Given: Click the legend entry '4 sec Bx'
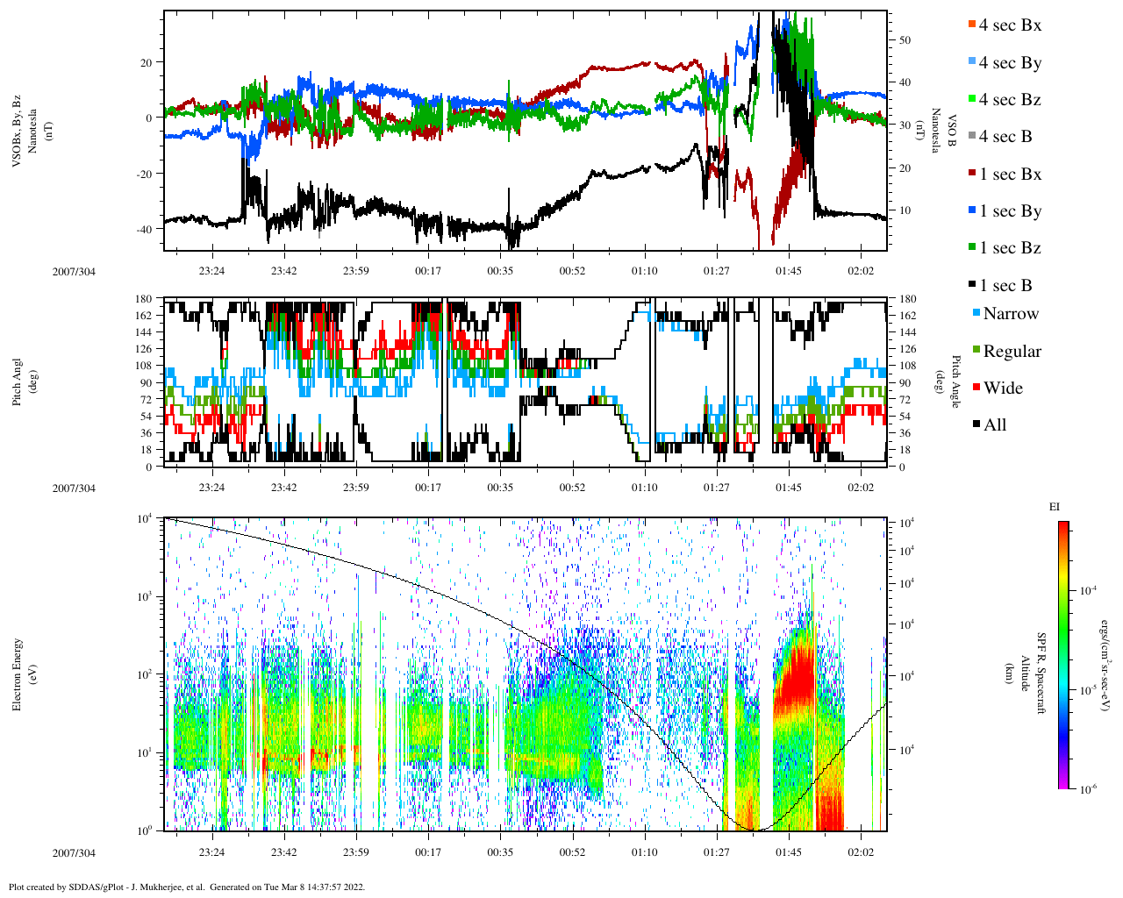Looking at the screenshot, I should tap(1009, 25).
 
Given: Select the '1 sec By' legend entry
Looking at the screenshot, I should tap(1009, 211).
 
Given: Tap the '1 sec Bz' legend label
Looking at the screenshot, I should tap(1009, 248).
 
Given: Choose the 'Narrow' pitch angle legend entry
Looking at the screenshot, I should tap(1010, 314).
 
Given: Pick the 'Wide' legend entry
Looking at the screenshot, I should tap(1002, 388).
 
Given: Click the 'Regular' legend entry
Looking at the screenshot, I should tap(1012, 352).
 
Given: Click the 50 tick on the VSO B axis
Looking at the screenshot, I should tap(904, 40).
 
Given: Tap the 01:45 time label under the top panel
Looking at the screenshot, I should tap(789, 271).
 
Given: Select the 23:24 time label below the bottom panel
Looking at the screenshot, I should tap(211, 852).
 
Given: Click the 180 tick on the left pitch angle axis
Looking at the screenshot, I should tap(144, 299).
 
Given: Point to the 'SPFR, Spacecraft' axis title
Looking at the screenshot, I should tap(1041, 673).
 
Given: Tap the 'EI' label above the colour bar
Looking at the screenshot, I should tap(1055, 507).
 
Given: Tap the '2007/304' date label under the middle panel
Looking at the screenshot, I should tap(74, 488).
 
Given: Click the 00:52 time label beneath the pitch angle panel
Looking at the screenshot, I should tap(572, 488).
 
